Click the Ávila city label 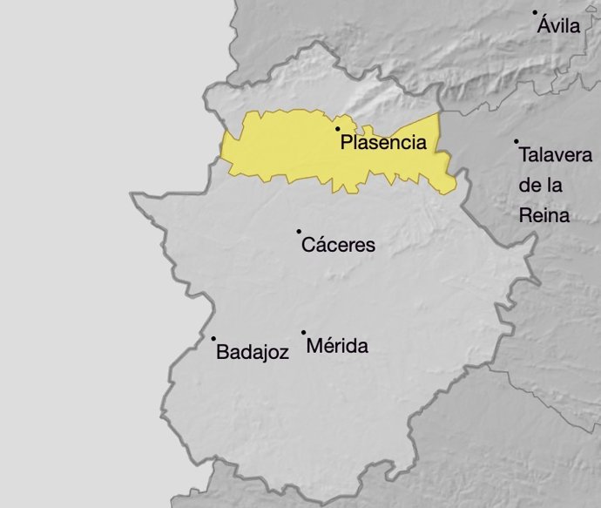(x=558, y=26)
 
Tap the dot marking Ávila (x=535, y=12)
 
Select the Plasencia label (x=383, y=143)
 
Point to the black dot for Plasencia (x=338, y=129)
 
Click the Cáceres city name (x=338, y=246)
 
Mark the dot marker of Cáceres (x=299, y=231)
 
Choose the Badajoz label (x=252, y=353)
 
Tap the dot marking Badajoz (x=213, y=338)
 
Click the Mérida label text (x=338, y=347)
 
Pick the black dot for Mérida (x=303, y=332)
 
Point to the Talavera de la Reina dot (x=516, y=141)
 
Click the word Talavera (x=555, y=156)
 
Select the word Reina (x=544, y=215)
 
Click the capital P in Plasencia (x=347, y=143)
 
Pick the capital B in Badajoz (x=221, y=353)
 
